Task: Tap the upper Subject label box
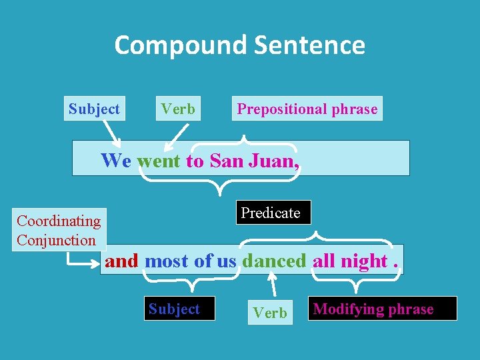pos(94,109)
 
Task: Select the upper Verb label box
pos(178,109)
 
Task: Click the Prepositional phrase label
pos(307,109)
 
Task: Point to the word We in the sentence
pos(116,161)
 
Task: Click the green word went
pos(159,161)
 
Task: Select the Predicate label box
pos(271,213)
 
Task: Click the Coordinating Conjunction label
pos(59,231)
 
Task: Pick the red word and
pos(121,261)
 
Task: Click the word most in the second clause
pos(167,261)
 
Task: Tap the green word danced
pos(274,261)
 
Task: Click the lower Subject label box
pos(174,309)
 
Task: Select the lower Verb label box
pos(270,313)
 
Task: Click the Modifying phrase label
pos(373,309)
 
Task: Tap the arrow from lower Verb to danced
pos(273,286)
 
